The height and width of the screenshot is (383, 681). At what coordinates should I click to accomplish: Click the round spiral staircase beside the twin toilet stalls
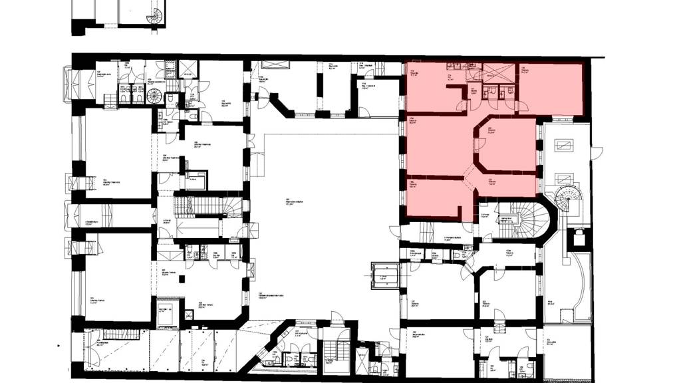coord(154,95)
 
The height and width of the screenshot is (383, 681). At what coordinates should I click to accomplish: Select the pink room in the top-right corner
coord(551,88)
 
